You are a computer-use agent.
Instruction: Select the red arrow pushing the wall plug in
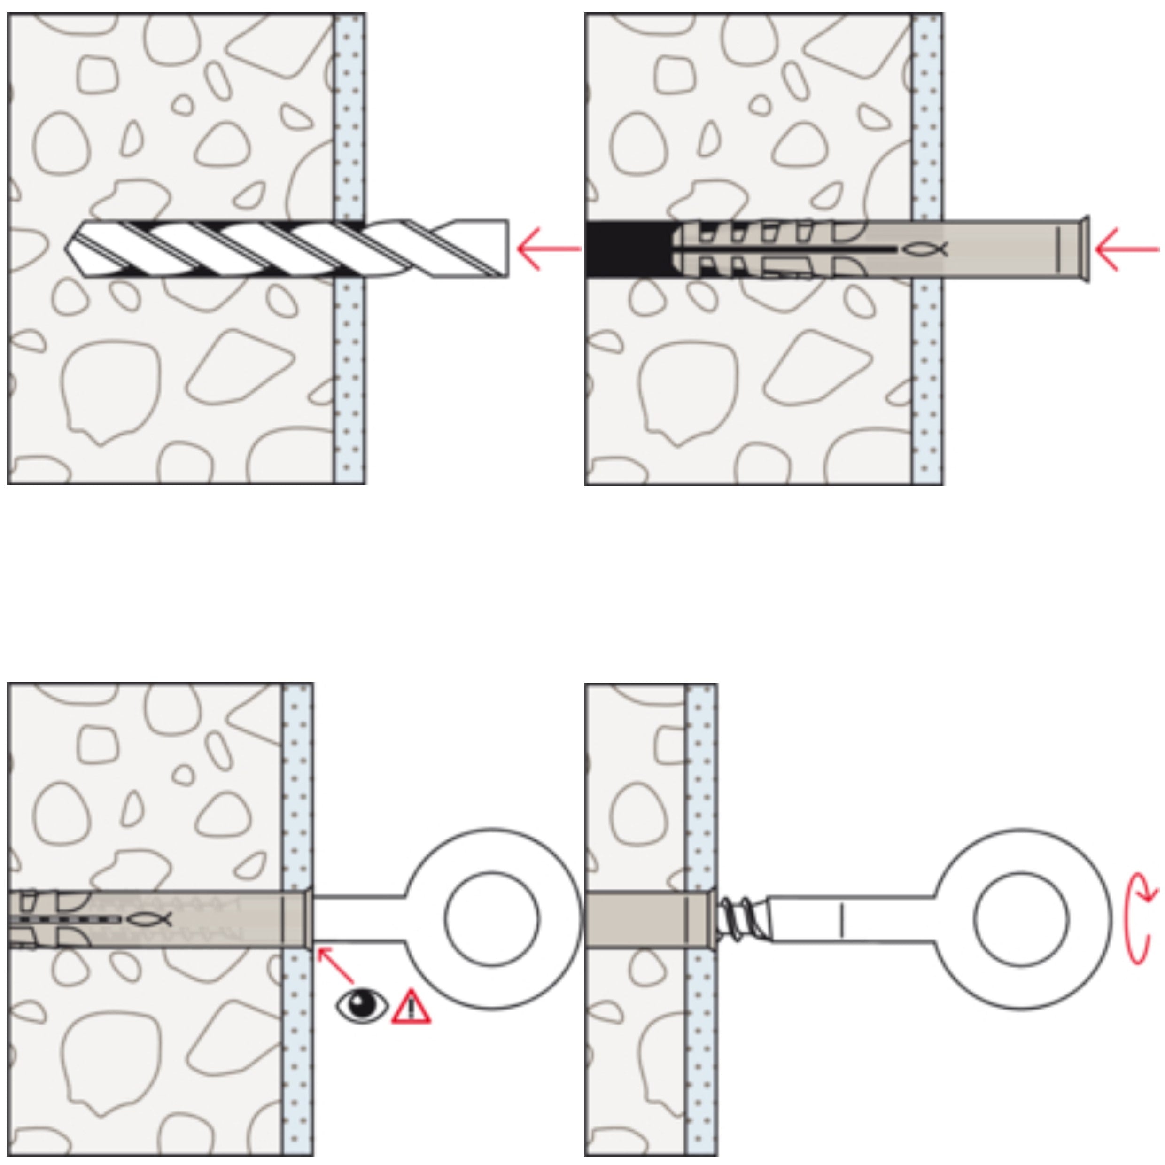1125,249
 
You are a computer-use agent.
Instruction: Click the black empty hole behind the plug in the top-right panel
627,249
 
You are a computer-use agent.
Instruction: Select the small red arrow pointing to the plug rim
335,965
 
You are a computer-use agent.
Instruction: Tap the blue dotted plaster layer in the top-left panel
349,362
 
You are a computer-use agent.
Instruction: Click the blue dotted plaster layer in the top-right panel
927,362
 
